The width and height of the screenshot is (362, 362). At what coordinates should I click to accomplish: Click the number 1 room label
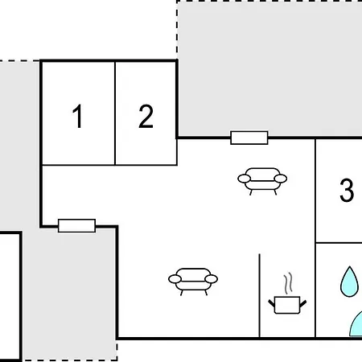click(78, 117)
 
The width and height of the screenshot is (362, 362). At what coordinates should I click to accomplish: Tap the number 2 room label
click(146, 116)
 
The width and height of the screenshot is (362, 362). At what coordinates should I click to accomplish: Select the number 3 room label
click(347, 190)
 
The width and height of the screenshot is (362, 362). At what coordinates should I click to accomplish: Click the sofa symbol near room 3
click(262, 181)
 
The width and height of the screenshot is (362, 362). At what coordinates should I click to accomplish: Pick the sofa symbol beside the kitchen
click(193, 282)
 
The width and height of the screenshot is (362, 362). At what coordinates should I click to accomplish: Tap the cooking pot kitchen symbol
click(287, 305)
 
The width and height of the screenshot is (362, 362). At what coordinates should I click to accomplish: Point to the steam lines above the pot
click(288, 283)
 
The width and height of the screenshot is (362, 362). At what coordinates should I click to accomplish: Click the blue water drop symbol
click(349, 282)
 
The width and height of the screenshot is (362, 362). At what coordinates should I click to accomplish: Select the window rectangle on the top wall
click(249, 138)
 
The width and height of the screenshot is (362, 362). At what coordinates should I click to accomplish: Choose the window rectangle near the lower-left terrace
click(76, 225)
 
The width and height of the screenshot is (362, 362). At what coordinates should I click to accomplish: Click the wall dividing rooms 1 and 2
click(115, 113)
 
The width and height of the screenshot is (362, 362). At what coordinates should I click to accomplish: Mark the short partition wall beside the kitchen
click(259, 295)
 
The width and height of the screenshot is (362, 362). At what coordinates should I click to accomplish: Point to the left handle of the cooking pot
click(272, 304)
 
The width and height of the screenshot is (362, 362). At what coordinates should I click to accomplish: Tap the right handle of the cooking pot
click(303, 304)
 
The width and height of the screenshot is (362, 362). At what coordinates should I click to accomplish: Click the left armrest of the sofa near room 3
click(245, 179)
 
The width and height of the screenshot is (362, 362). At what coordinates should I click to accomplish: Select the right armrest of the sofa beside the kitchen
click(211, 279)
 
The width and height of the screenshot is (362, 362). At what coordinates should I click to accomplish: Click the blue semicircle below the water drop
click(356, 325)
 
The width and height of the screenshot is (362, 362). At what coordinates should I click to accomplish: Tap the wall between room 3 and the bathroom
click(339, 243)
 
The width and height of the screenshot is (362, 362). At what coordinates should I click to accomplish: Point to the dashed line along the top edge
click(269, 2)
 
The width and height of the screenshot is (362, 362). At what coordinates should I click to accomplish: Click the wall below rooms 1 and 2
click(109, 165)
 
